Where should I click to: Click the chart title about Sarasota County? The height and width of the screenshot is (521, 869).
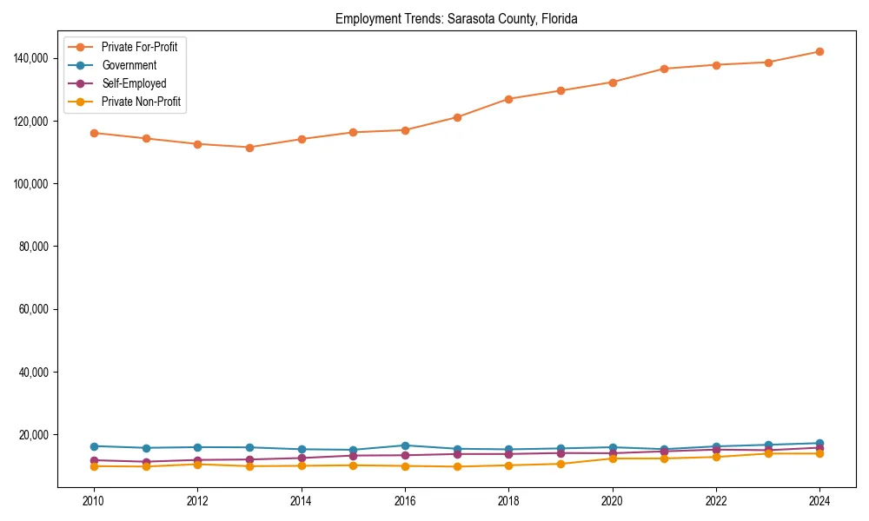pos(456,19)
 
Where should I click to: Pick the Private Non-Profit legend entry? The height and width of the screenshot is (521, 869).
pos(142,102)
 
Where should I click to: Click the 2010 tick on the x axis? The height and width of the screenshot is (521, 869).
pos(94,501)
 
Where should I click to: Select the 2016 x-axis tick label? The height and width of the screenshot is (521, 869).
pos(405,501)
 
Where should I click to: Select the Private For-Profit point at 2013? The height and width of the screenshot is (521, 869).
pos(249,148)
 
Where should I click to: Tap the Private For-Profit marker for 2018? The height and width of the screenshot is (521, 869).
pos(508,99)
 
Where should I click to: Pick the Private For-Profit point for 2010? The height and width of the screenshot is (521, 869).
pos(94,133)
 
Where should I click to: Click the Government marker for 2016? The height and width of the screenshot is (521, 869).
pos(405,445)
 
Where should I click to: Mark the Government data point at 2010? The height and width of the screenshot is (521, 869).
pos(94,446)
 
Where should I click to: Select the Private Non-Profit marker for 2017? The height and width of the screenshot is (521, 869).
pos(457,467)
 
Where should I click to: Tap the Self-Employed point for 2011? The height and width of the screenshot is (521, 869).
pos(146,462)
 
